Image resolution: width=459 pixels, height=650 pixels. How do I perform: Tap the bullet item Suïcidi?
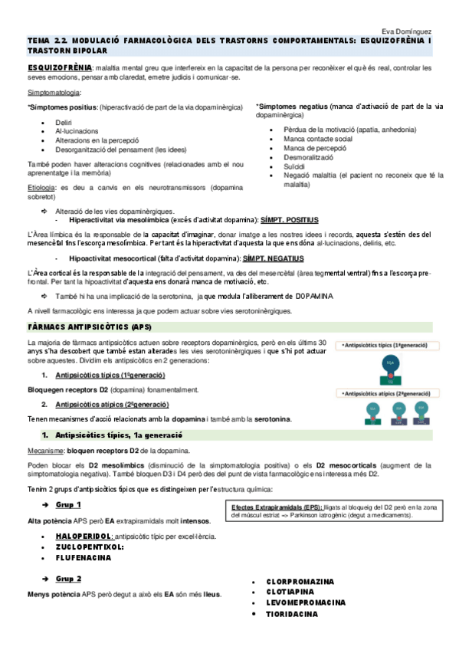point(293,166)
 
